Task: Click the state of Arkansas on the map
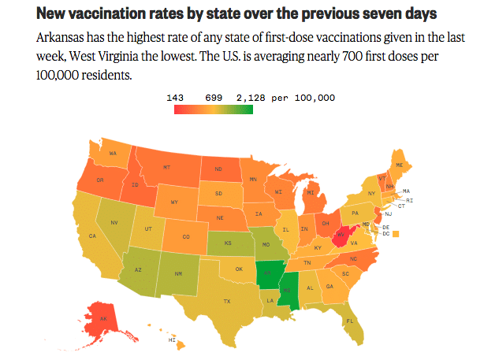coord(269,276)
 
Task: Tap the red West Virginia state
coord(343,234)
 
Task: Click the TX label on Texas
coord(227,301)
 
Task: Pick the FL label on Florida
coord(349,321)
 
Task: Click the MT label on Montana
coord(166,167)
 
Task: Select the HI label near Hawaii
coord(172,340)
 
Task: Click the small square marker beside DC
coord(396,233)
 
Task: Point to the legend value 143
coord(176,98)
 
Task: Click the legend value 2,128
coord(252,98)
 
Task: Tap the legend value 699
coord(214,98)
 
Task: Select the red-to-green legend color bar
coord(214,109)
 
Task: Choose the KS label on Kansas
coord(228,243)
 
